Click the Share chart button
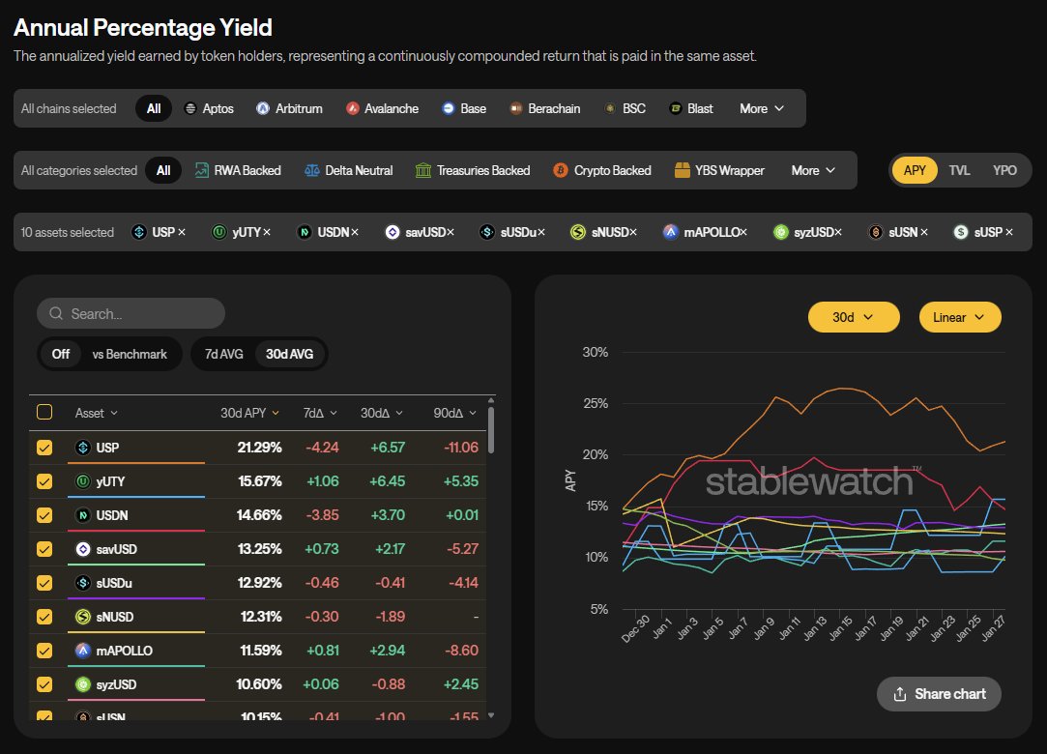[939, 693]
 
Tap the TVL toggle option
[959, 170]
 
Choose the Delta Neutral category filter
[348, 170]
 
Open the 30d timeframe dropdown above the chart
[854, 317]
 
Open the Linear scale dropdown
[960, 317]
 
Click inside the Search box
[131, 313]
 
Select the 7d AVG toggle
[223, 354]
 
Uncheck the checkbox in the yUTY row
[44, 481]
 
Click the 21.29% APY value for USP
[259, 448]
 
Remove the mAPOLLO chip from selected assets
[743, 232]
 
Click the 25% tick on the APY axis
[595, 403]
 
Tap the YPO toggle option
[1004, 170]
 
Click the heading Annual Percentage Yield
[143, 27]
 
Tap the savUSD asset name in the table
[117, 549]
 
